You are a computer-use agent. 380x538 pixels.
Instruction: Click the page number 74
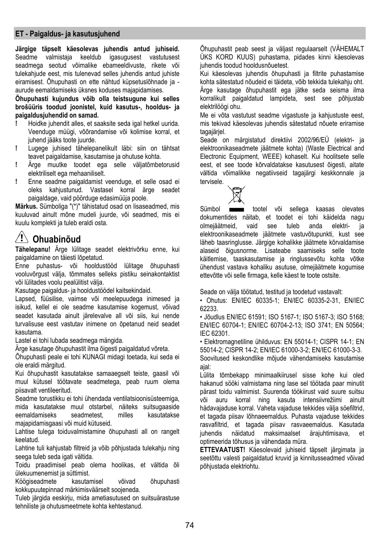click(x=189, y=525)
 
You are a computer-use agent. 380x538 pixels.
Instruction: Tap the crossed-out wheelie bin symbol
click(x=237, y=194)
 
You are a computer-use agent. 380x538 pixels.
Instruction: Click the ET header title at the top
click(x=67, y=34)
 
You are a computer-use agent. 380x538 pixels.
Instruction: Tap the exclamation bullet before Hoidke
click(x=16, y=124)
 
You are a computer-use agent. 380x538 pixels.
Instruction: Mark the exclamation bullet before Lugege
click(x=16, y=148)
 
